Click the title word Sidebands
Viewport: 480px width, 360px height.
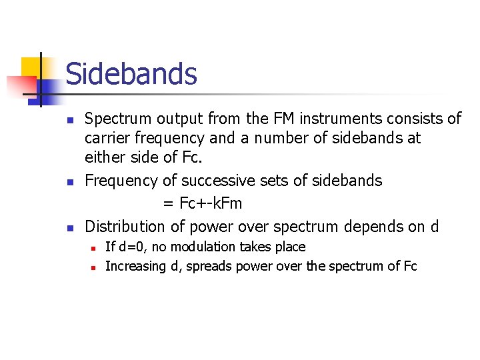[131, 73]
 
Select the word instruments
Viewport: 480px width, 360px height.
[349, 119]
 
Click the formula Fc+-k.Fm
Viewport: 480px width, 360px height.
[211, 203]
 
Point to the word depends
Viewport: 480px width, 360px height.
[371, 226]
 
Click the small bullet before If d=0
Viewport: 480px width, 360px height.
[94, 248]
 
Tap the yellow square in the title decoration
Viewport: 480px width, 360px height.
[32, 67]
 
